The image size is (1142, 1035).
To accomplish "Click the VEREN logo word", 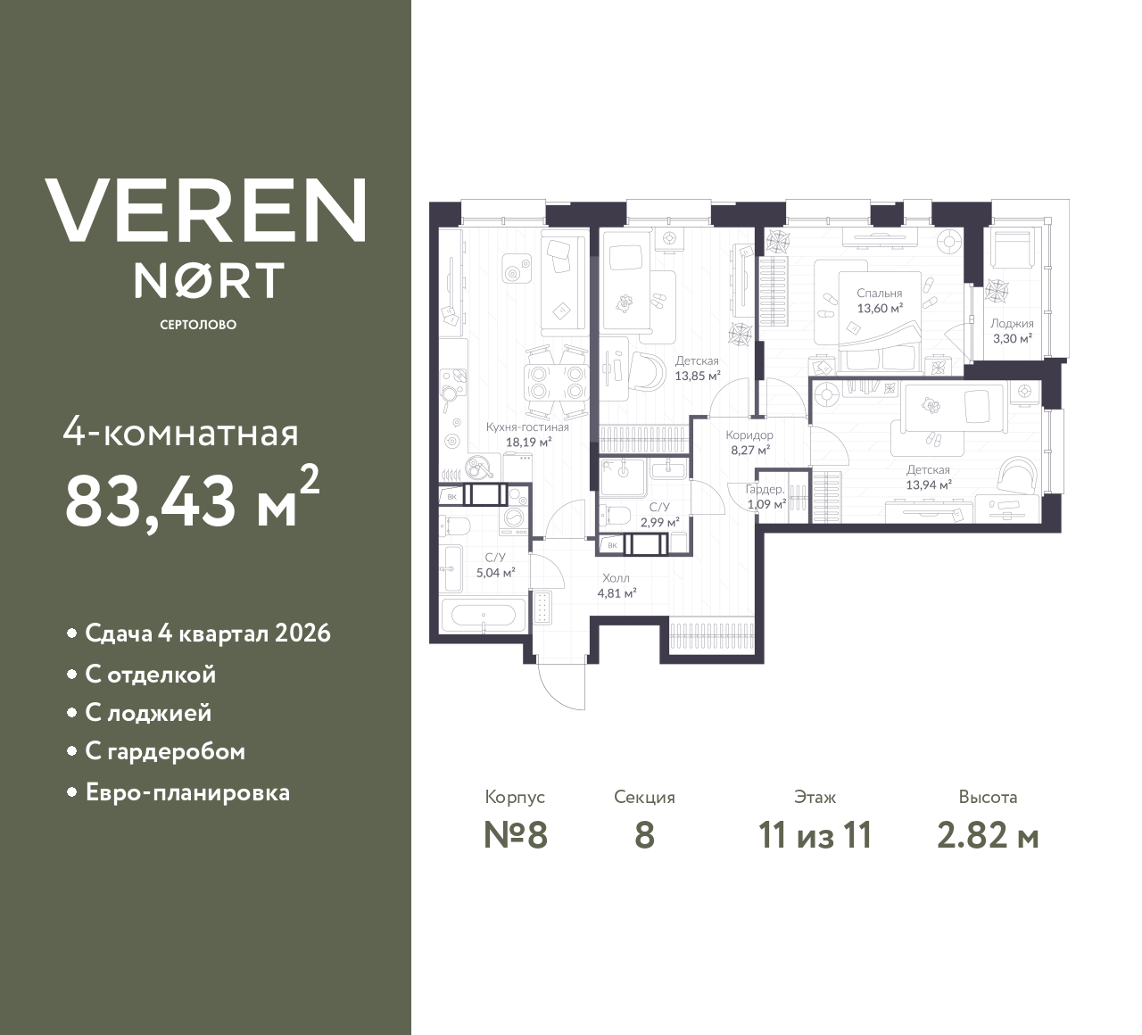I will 205,211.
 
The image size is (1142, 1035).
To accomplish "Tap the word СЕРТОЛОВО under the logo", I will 198,325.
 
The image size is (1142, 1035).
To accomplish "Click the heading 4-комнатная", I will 181,434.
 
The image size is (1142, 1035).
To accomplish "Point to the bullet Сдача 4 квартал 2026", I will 207,633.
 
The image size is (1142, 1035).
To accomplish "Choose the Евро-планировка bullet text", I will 187,792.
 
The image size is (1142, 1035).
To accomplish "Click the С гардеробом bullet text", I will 165,752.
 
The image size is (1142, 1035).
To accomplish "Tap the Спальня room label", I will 880,293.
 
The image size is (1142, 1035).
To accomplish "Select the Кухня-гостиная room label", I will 527,427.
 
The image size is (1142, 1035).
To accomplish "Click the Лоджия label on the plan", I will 1012,324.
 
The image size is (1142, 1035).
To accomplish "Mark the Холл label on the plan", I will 616,577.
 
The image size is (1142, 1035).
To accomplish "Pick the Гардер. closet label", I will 765,489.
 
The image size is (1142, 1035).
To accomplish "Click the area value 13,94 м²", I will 928,484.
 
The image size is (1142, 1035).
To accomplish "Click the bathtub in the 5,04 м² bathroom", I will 479,616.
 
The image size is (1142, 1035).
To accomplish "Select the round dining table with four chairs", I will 554,383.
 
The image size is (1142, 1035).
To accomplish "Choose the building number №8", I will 515,835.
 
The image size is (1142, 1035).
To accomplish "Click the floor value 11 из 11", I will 815,835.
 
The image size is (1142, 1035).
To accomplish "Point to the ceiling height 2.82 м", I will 988,835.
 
